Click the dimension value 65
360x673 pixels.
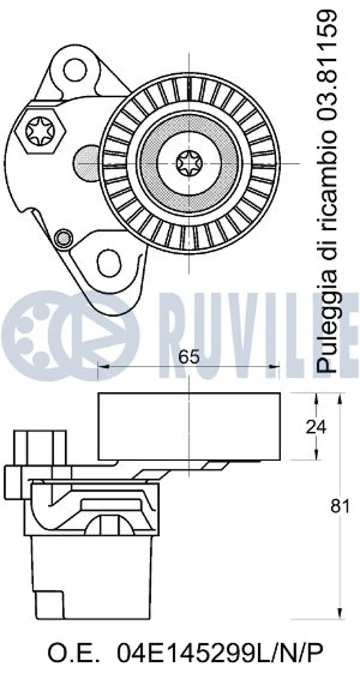pos(189,357)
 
